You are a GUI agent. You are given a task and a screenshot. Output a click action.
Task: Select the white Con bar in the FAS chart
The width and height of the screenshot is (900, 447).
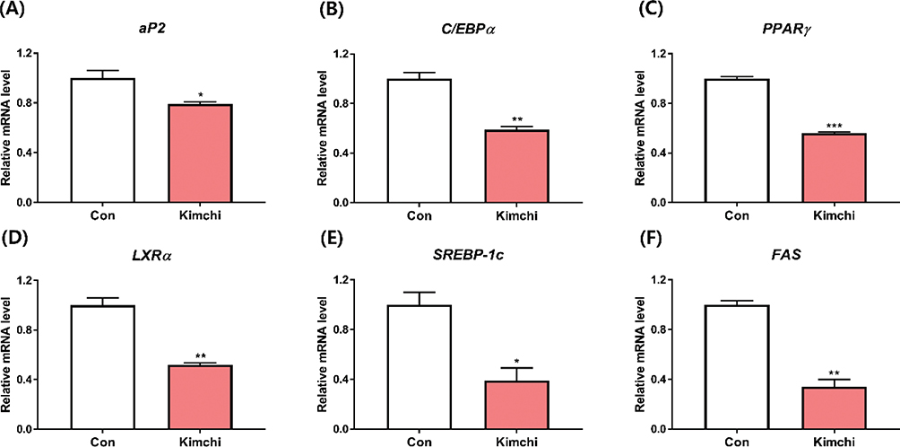coord(736,367)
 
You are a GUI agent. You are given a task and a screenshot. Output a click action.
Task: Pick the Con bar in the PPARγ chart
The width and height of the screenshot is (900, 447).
coord(736,141)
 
